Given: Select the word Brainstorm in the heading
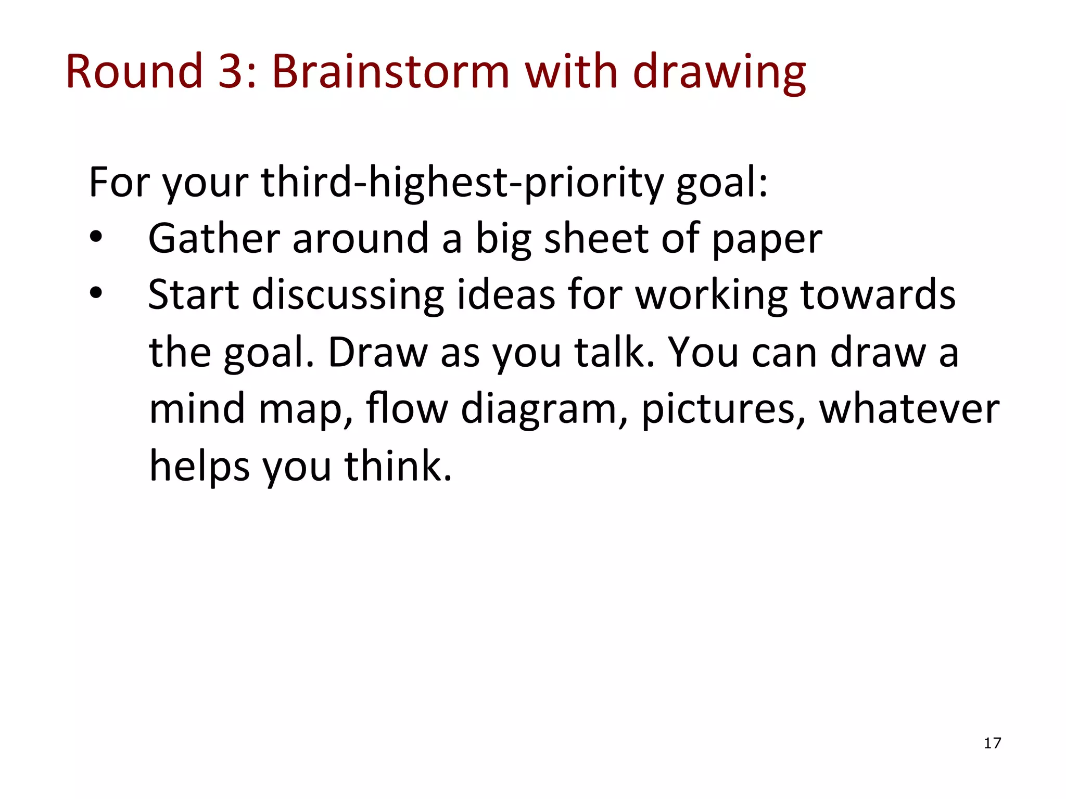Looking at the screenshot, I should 390,71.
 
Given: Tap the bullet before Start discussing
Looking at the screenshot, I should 96,293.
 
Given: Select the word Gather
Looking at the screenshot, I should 214,239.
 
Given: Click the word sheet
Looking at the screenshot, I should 597,239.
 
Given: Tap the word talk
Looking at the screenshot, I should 614,352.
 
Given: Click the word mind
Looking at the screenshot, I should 197,408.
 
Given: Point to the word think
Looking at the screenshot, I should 398,465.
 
